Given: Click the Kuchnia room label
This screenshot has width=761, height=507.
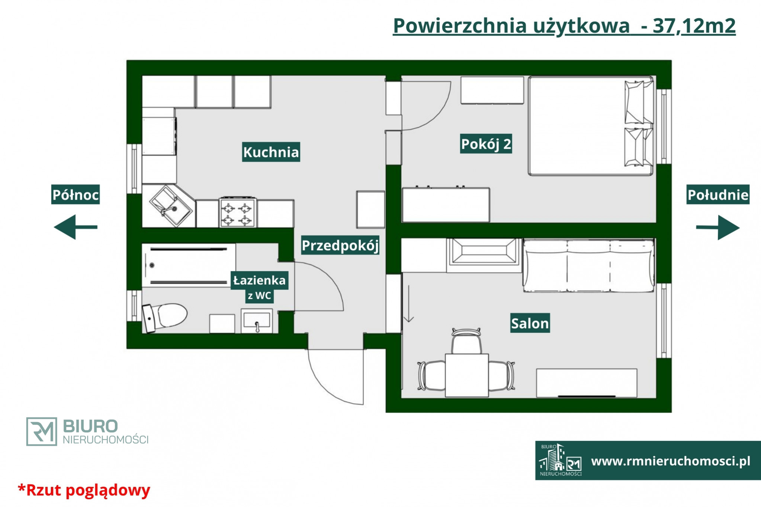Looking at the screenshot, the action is pyautogui.click(x=271, y=152).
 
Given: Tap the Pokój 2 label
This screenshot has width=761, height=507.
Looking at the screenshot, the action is pyautogui.click(x=486, y=144).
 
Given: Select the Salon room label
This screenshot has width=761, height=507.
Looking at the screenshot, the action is pyautogui.click(x=530, y=323).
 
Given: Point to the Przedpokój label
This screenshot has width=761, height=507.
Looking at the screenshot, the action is pyautogui.click(x=340, y=245).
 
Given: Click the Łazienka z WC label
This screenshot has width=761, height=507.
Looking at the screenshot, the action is pyautogui.click(x=259, y=287).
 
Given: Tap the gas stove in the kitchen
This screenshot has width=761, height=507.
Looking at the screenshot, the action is pyautogui.click(x=237, y=212).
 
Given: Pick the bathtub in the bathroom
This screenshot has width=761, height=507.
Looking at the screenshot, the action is pyautogui.click(x=189, y=265).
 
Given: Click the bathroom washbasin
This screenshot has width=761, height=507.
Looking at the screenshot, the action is pyautogui.click(x=257, y=321).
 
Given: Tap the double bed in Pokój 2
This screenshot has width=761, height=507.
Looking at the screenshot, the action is pyautogui.click(x=591, y=126).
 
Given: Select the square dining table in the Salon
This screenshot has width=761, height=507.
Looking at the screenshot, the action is pyautogui.click(x=467, y=375).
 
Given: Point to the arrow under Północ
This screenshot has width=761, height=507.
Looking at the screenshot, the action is pyautogui.click(x=76, y=227).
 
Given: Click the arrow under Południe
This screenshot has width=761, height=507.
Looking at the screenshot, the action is pyautogui.click(x=718, y=227).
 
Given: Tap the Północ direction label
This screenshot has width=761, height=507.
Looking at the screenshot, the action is pyautogui.click(x=76, y=194).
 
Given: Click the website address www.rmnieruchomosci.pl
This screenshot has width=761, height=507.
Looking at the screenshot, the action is pyautogui.click(x=671, y=461).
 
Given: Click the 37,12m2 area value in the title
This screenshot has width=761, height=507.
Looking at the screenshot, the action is pyautogui.click(x=694, y=26).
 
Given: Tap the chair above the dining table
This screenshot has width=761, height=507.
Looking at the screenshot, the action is pyautogui.click(x=466, y=341).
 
